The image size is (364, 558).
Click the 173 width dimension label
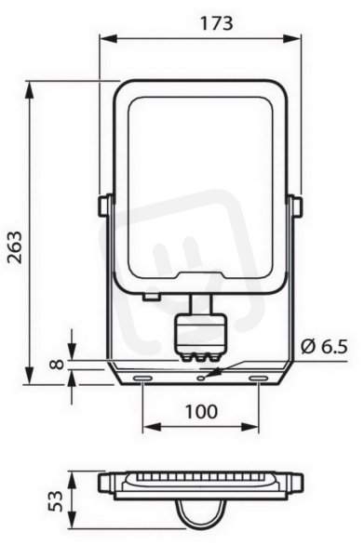tap(216, 23)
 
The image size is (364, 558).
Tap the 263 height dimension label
tap(15, 247)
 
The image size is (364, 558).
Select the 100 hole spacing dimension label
tap(201, 412)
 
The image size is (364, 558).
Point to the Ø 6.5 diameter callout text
tap(324, 347)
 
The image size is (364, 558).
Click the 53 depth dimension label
tap(56, 501)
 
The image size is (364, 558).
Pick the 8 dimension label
tap(56, 364)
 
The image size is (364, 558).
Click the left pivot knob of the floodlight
tap(104, 206)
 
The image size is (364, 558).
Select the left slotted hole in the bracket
tap(142, 378)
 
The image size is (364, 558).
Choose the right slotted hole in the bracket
tap(259, 378)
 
